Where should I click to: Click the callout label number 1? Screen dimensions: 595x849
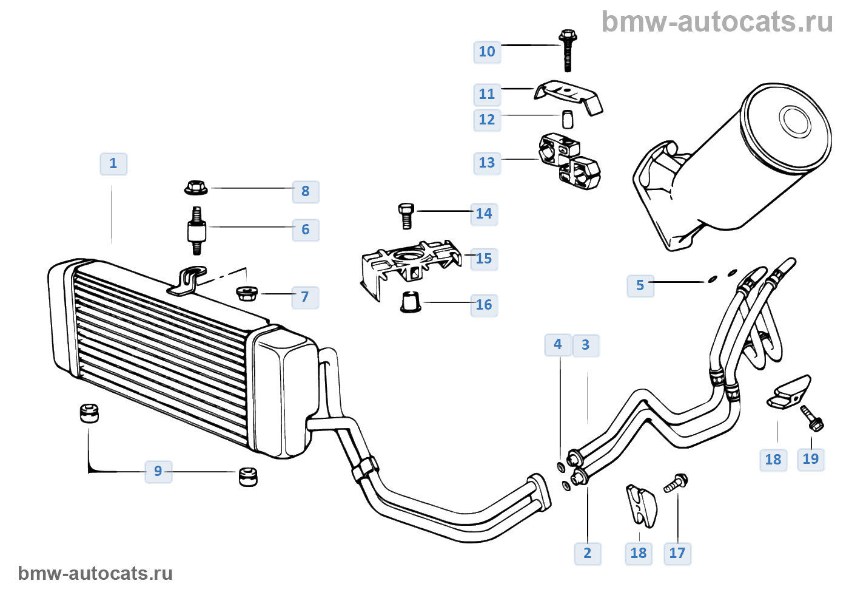click(113, 164)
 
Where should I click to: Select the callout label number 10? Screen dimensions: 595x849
click(487, 52)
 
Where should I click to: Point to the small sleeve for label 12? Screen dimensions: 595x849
click(568, 119)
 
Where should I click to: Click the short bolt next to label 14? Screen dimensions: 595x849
click(406, 216)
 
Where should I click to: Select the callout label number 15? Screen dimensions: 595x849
click(484, 259)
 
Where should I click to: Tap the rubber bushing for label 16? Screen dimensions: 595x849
click(411, 302)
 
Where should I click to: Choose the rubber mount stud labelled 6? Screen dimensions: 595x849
click(196, 231)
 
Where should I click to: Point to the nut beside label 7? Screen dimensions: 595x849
click(246, 293)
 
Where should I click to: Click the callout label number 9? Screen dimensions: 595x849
click(158, 472)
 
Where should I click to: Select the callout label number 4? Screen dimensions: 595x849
click(558, 345)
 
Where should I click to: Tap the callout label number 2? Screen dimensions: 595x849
click(588, 554)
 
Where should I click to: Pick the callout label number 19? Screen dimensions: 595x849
click(811, 460)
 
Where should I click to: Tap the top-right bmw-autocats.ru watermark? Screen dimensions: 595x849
click(717, 22)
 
